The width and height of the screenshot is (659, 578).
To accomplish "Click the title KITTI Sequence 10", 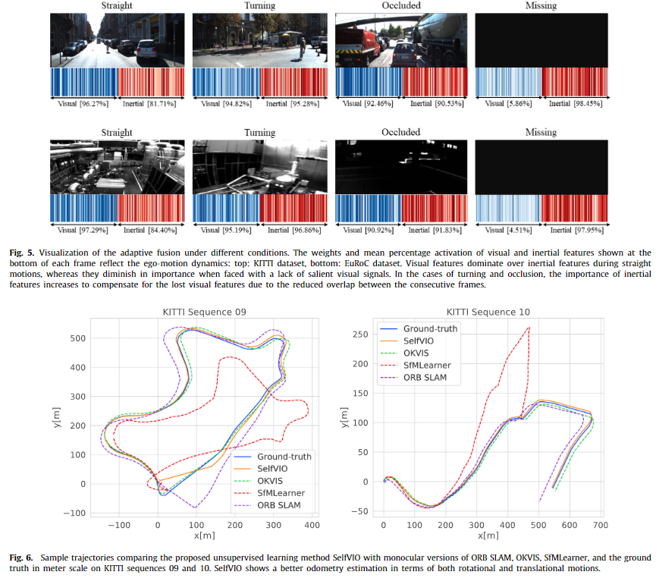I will pyautogui.click(x=488, y=312).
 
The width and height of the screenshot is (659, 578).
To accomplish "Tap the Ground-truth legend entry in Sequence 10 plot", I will pyautogui.click(x=430, y=328).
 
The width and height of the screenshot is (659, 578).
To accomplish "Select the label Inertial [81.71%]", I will pyautogui.click(x=149, y=103).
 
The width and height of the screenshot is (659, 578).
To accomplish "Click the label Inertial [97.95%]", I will pyautogui.click(x=575, y=230).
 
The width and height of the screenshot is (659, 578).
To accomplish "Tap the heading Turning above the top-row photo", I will pyautogui.click(x=259, y=6).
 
